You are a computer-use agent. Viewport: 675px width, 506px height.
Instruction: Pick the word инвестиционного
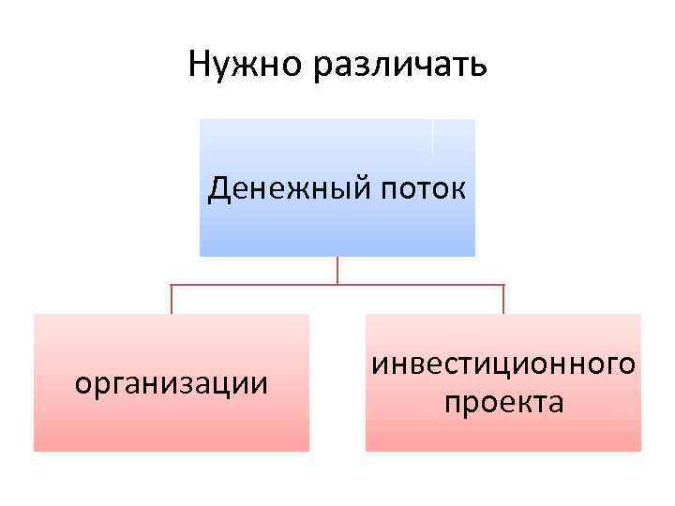[x=503, y=365]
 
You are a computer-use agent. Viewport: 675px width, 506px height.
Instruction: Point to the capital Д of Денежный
[x=219, y=188]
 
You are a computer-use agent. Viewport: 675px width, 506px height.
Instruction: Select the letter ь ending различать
[x=477, y=67]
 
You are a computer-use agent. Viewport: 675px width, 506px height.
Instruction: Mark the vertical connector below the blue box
[x=337, y=269]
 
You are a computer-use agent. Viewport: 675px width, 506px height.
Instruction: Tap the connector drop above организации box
[x=171, y=298]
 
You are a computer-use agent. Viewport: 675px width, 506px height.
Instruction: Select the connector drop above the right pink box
[x=503, y=298]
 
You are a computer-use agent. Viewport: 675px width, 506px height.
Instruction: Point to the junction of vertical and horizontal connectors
[x=337, y=284]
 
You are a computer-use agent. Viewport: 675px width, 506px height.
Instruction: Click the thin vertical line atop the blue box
[x=433, y=137]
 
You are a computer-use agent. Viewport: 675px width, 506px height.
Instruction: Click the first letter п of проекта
[x=452, y=405]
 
